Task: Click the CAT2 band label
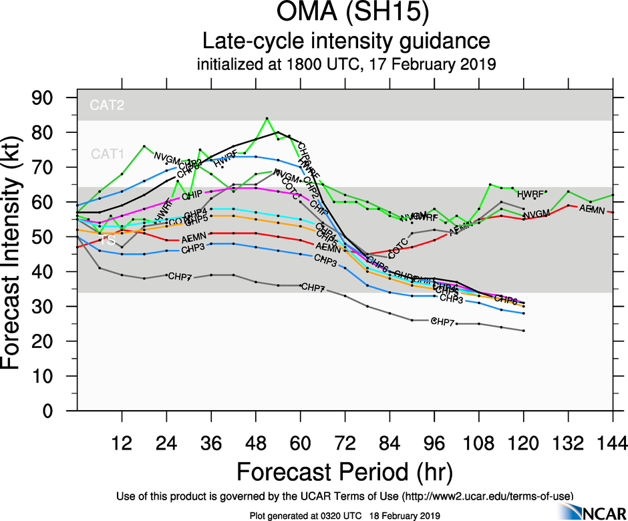(108, 104)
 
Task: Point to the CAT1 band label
(108, 155)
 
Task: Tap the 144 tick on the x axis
(613, 442)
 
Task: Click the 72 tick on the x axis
(345, 442)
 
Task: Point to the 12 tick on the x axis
(122, 442)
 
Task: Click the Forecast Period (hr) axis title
(345, 472)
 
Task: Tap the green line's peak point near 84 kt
(267, 118)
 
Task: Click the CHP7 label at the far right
(443, 321)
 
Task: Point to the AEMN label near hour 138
(591, 209)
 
